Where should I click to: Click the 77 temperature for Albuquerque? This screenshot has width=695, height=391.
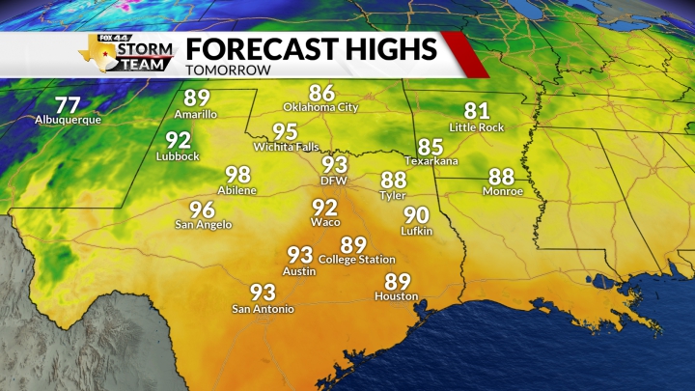(68, 105)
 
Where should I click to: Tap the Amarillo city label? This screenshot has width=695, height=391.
(197, 114)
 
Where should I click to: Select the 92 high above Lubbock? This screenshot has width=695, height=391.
(179, 140)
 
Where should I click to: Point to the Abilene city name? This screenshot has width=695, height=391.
(237, 190)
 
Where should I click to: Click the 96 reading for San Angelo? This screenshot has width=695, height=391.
(202, 210)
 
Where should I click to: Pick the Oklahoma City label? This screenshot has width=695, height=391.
(321, 107)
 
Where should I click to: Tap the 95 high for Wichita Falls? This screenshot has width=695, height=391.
(285, 131)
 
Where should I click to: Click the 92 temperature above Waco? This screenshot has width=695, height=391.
(325, 208)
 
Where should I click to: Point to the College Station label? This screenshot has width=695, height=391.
(356, 260)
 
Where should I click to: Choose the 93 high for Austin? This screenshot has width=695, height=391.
(300, 255)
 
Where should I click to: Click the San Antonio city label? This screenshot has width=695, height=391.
(263, 309)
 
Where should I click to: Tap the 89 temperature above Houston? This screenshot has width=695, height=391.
(398, 281)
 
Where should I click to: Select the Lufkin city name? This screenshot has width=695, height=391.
(416, 231)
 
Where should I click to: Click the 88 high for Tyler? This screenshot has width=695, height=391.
(393, 180)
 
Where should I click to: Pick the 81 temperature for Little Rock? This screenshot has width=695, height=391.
(477, 111)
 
